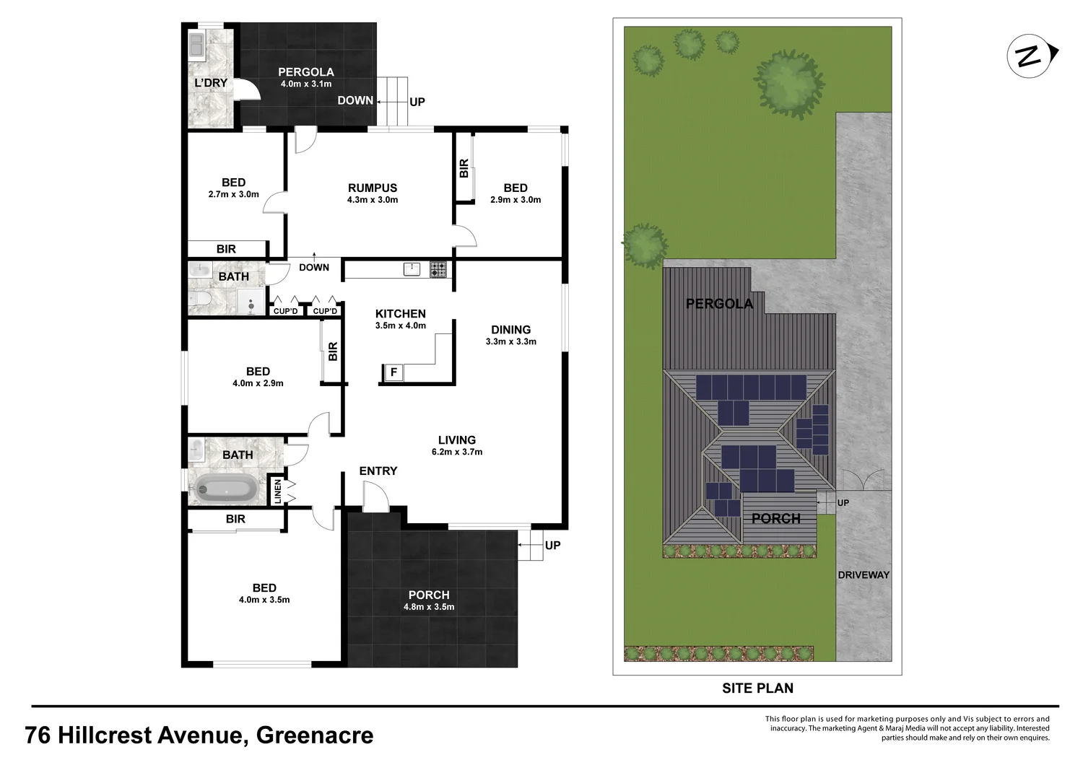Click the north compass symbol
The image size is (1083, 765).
click(1030, 56)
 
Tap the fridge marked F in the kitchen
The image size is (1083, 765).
click(393, 372)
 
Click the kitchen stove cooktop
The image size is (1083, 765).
click(438, 269)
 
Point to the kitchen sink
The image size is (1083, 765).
click(412, 269)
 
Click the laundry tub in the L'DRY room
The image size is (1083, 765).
click(196, 44)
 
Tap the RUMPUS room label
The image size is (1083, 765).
click(373, 188)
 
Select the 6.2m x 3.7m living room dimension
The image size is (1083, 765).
click(456, 452)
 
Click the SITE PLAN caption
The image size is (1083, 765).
click(757, 688)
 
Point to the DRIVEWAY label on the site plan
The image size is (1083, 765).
click(864, 575)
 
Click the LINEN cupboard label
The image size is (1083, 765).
click(277, 491)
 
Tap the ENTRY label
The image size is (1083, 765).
click(378, 471)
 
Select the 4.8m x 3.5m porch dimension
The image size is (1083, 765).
click(429, 607)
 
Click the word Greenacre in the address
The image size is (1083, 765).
click(315, 735)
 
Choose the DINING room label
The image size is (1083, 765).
click(510, 330)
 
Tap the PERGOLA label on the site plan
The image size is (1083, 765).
click(719, 304)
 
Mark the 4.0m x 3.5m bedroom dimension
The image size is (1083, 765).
click(264, 600)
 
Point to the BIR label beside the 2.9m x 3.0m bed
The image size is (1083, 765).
click(464, 168)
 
